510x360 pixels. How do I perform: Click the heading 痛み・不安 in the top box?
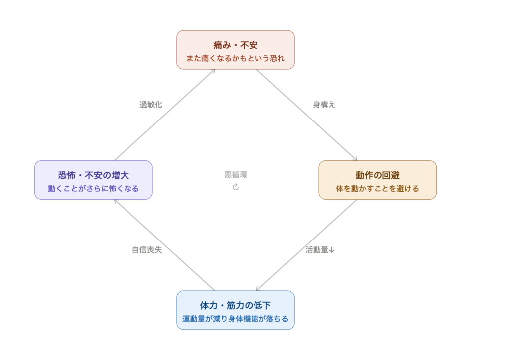(x=235, y=45)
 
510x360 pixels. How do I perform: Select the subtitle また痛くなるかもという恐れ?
(x=235, y=58)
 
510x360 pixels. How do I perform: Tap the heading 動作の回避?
(x=378, y=175)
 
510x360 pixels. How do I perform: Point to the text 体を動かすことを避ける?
(x=378, y=189)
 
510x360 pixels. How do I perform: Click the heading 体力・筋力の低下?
(x=235, y=305)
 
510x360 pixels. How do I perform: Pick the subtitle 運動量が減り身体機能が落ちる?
(x=235, y=319)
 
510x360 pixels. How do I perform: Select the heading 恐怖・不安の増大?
(x=93, y=175)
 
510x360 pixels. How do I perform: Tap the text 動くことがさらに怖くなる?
(x=93, y=189)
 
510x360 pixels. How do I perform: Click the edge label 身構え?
(x=324, y=105)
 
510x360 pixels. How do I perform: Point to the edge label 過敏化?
(x=151, y=105)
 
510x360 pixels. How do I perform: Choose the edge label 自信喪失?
(x=147, y=250)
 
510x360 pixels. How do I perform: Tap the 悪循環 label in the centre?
(x=236, y=175)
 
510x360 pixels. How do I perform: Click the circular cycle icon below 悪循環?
(x=236, y=187)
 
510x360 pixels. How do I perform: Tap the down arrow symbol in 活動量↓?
(x=332, y=250)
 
